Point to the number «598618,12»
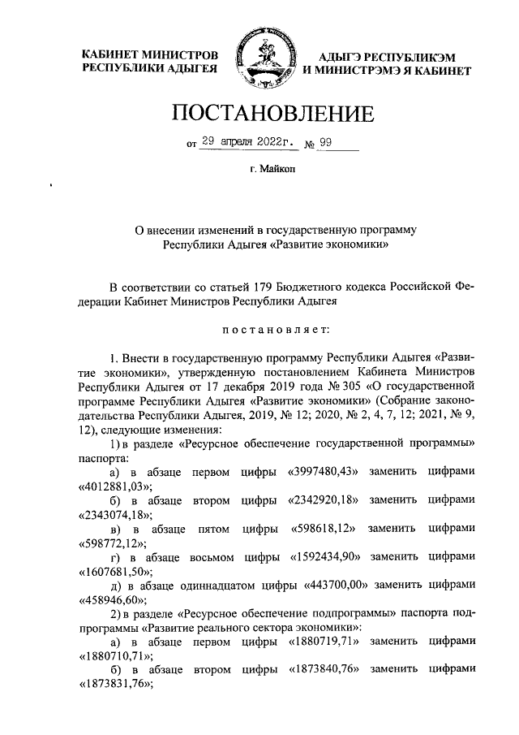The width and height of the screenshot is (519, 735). (323, 530)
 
